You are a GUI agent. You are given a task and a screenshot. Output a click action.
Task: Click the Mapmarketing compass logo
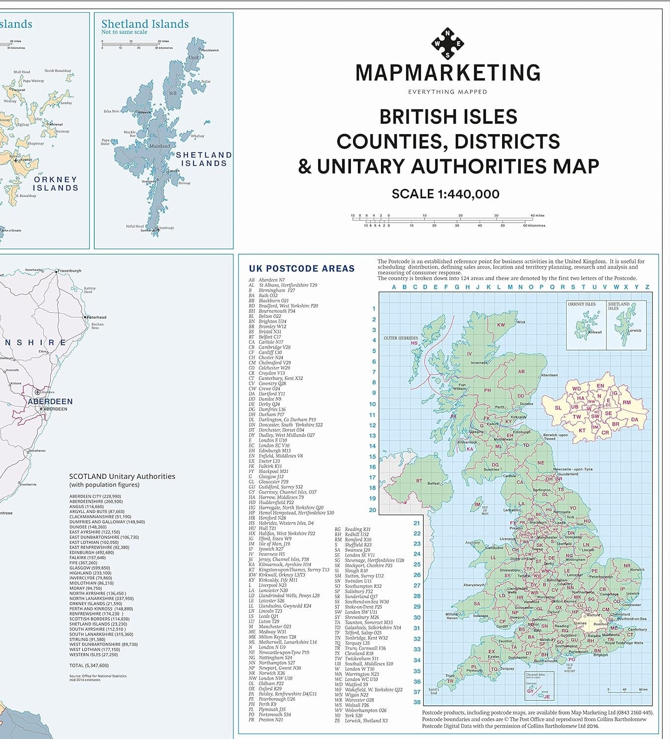click(x=447, y=43)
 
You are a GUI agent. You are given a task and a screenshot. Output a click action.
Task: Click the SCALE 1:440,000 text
click(x=446, y=194)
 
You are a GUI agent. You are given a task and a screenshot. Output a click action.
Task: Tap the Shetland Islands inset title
click(x=145, y=24)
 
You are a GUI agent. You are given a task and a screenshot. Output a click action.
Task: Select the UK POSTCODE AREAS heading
click(x=301, y=269)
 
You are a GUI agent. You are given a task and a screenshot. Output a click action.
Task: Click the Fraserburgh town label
click(x=69, y=270)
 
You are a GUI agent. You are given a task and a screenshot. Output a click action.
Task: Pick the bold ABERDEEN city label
click(x=50, y=402)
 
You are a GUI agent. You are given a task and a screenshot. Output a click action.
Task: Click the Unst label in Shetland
click(x=194, y=58)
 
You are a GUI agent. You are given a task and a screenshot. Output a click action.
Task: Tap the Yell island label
click(x=172, y=93)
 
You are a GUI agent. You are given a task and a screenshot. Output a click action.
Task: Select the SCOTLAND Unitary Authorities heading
click(x=122, y=476)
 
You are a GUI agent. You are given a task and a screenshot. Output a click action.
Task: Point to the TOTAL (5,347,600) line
click(x=89, y=666)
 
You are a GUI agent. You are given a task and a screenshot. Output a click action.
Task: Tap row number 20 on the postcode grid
click(x=373, y=510)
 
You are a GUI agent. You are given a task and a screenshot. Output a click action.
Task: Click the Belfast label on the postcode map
click(x=433, y=483)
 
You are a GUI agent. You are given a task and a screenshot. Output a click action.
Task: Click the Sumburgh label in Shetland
click(x=166, y=228)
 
